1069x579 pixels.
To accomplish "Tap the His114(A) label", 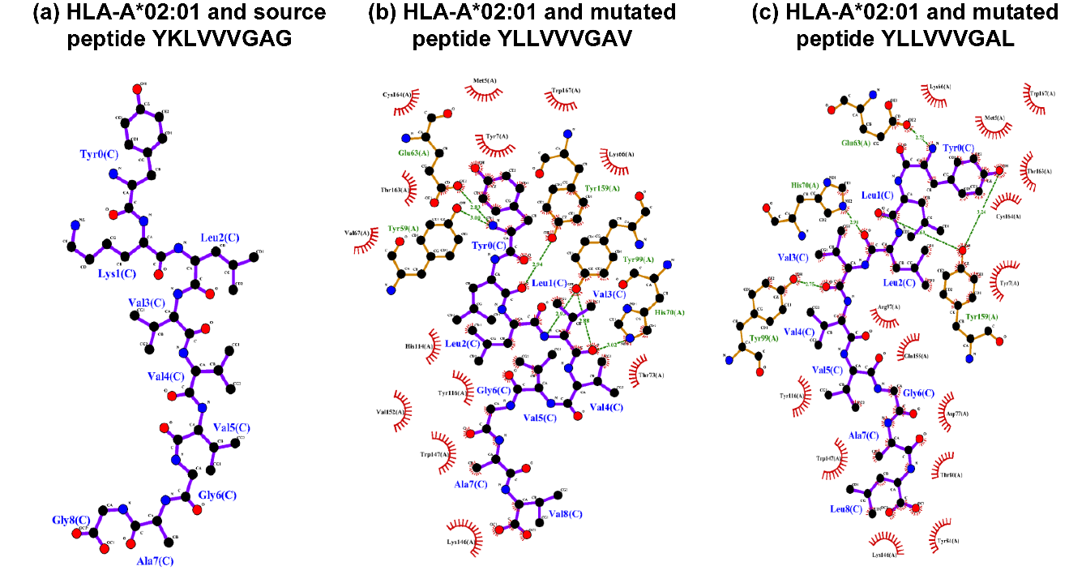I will click(419, 345).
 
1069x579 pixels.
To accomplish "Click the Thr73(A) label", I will click(651, 375).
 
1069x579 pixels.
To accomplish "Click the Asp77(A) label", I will click(956, 414).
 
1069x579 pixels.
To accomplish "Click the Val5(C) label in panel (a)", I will click(231, 427).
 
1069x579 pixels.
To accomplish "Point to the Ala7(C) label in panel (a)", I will click(155, 560).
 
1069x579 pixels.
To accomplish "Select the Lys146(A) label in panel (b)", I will click(460, 542).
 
